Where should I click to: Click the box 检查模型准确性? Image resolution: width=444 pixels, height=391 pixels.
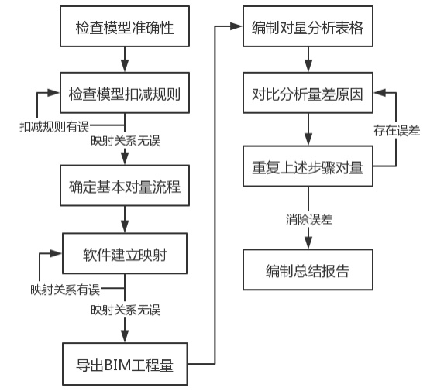pyautogui.click(x=125, y=26)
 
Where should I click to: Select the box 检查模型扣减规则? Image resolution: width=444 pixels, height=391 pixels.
pyautogui.click(x=125, y=93)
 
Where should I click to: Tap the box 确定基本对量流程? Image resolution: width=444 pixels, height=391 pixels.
pyautogui.click(x=125, y=185)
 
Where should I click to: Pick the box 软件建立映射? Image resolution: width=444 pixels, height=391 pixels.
pyautogui.click(x=125, y=253)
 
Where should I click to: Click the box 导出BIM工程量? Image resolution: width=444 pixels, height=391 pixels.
pyautogui.click(x=125, y=364)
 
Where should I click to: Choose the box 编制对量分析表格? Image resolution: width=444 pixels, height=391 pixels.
pyautogui.click(x=308, y=26)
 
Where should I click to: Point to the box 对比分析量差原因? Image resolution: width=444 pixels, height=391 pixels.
pyautogui.click(x=308, y=93)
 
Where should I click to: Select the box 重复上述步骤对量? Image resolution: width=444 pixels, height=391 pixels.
pyautogui.click(x=308, y=166)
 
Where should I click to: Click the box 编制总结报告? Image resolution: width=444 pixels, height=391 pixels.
pyautogui.click(x=308, y=269)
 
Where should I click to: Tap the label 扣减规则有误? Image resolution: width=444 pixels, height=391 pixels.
pyautogui.click(x=54, y=127)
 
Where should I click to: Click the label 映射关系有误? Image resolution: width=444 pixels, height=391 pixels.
pyautogui.click(x=65, y=290)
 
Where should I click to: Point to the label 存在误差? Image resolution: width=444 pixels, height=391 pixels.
pyautogui.click(x=397, y=130)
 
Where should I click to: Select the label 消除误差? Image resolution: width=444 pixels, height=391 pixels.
pyautogui.click(x=309, y=219)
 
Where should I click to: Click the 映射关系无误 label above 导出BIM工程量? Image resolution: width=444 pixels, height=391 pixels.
pyautogui.click(x=126, y=310)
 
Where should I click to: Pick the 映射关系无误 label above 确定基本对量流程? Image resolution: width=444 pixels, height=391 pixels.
pyautogui.click(x=126, y=141)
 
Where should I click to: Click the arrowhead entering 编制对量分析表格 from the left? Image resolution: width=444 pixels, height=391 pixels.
pyautogui.click(x=236, y=26)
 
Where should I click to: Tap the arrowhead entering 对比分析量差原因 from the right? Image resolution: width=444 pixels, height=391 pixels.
pyautogui.click(x=380, y=92)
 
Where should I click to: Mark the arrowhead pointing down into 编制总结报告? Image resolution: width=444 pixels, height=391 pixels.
pyautogui.click(x=308, y=243)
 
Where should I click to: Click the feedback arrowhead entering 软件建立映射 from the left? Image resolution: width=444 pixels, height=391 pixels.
pyautogui.click(x=56, y=253)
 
